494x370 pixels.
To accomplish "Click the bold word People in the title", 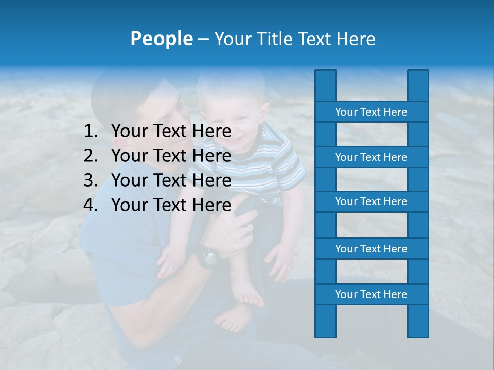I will pyautogui.click(x=161, y=39).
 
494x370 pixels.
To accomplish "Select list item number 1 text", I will pyautogui.click(x=171, y=131).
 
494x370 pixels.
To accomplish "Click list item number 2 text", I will pyautogui.click(x=171, y=156).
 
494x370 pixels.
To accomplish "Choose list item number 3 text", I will pyautogui.click(x=171, y=180).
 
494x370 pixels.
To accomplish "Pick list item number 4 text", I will pyautogui.click(x=171, y=205).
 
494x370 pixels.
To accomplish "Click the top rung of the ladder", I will pyautogui.click(x=371, y=112).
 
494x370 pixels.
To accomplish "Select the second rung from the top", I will pyautogui.click(x=371, y=157).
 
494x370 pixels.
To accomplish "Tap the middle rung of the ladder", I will pyautogui.click(x=371, y=202).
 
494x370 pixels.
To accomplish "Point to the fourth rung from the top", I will pyautogui.click(x=371, y=249).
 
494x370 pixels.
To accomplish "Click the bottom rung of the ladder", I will pyautogui.click(x=371, y=294).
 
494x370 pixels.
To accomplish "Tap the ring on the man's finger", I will pyautogui.click(x=248, y=228).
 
